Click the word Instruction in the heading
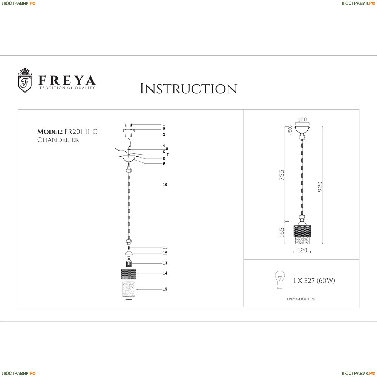coord(188,89)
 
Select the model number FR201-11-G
coord(81,132)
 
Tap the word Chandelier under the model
coord(58,140)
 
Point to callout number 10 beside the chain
coord(165,185)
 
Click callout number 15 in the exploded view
coord(165,289)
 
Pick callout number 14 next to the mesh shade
coord(165,273)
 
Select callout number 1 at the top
coord(164,124)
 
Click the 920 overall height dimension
coord(320,187)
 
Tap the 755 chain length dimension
coord(282,175)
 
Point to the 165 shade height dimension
coord(282,233)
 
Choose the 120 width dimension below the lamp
coord(302,250)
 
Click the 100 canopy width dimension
coord(302,120)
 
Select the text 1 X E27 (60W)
coord(314,280)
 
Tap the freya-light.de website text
coord(301,299)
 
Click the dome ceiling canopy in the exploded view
coord(129,159)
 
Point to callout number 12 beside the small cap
coord(165,253)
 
